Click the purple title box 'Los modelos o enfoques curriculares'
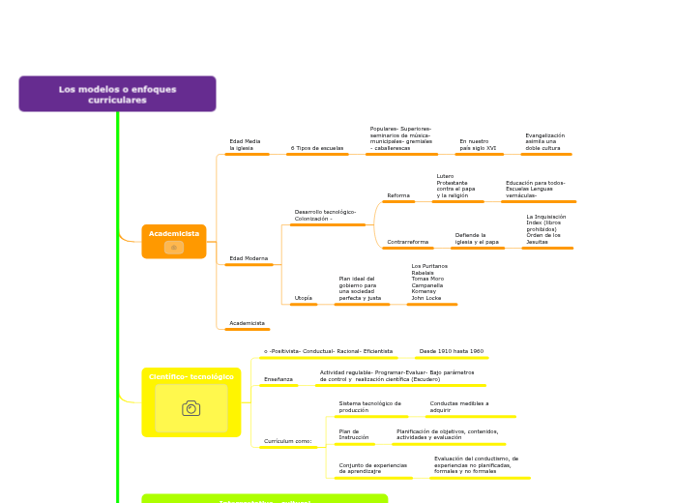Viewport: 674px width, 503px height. pyautogui.click(x=117, y=94)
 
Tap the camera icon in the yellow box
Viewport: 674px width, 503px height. pyautogui.click(x=191, y=408)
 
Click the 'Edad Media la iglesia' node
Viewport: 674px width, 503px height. pyautogui.click(x=245, y=145)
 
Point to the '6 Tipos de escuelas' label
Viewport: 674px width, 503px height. pyautogui.click(x=317, y=148)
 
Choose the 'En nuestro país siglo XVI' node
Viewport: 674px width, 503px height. pyautogui.click(x=478, y=145)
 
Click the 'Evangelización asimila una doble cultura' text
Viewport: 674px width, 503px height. pyautogui.click(x=544, y=142)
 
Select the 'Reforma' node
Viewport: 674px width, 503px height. pyautogui.click(x=398, y=195)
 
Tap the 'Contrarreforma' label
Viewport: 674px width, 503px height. pyautogui.click(x=407, y=242)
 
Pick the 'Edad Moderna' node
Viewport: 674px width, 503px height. pyautogui.click(x=249, y=259)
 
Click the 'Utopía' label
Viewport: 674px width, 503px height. pyautogui.click(x=304, y=298)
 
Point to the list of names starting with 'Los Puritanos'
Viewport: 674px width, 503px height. pyautogui.click(x=429, y=281)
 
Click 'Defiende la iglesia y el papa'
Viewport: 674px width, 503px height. pyautogui.click(x=477, y=238)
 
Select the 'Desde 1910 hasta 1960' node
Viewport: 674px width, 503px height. pyautogui.click(x=451, y=351)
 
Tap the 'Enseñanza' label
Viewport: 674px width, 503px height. pyautogui.click(x=278, y=379)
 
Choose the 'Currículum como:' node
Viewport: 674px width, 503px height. pyautogui.click(x=288, y=441)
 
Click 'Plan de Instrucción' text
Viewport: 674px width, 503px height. pyautogui.click(x=354, y=434)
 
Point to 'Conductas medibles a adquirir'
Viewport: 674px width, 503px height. pyautogui.click(x=459, y=406)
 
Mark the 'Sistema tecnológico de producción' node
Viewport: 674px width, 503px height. pyautogui.click(x=369, y=406)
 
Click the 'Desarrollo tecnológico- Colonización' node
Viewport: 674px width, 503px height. pyautogui.click(x=325, y=215)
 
